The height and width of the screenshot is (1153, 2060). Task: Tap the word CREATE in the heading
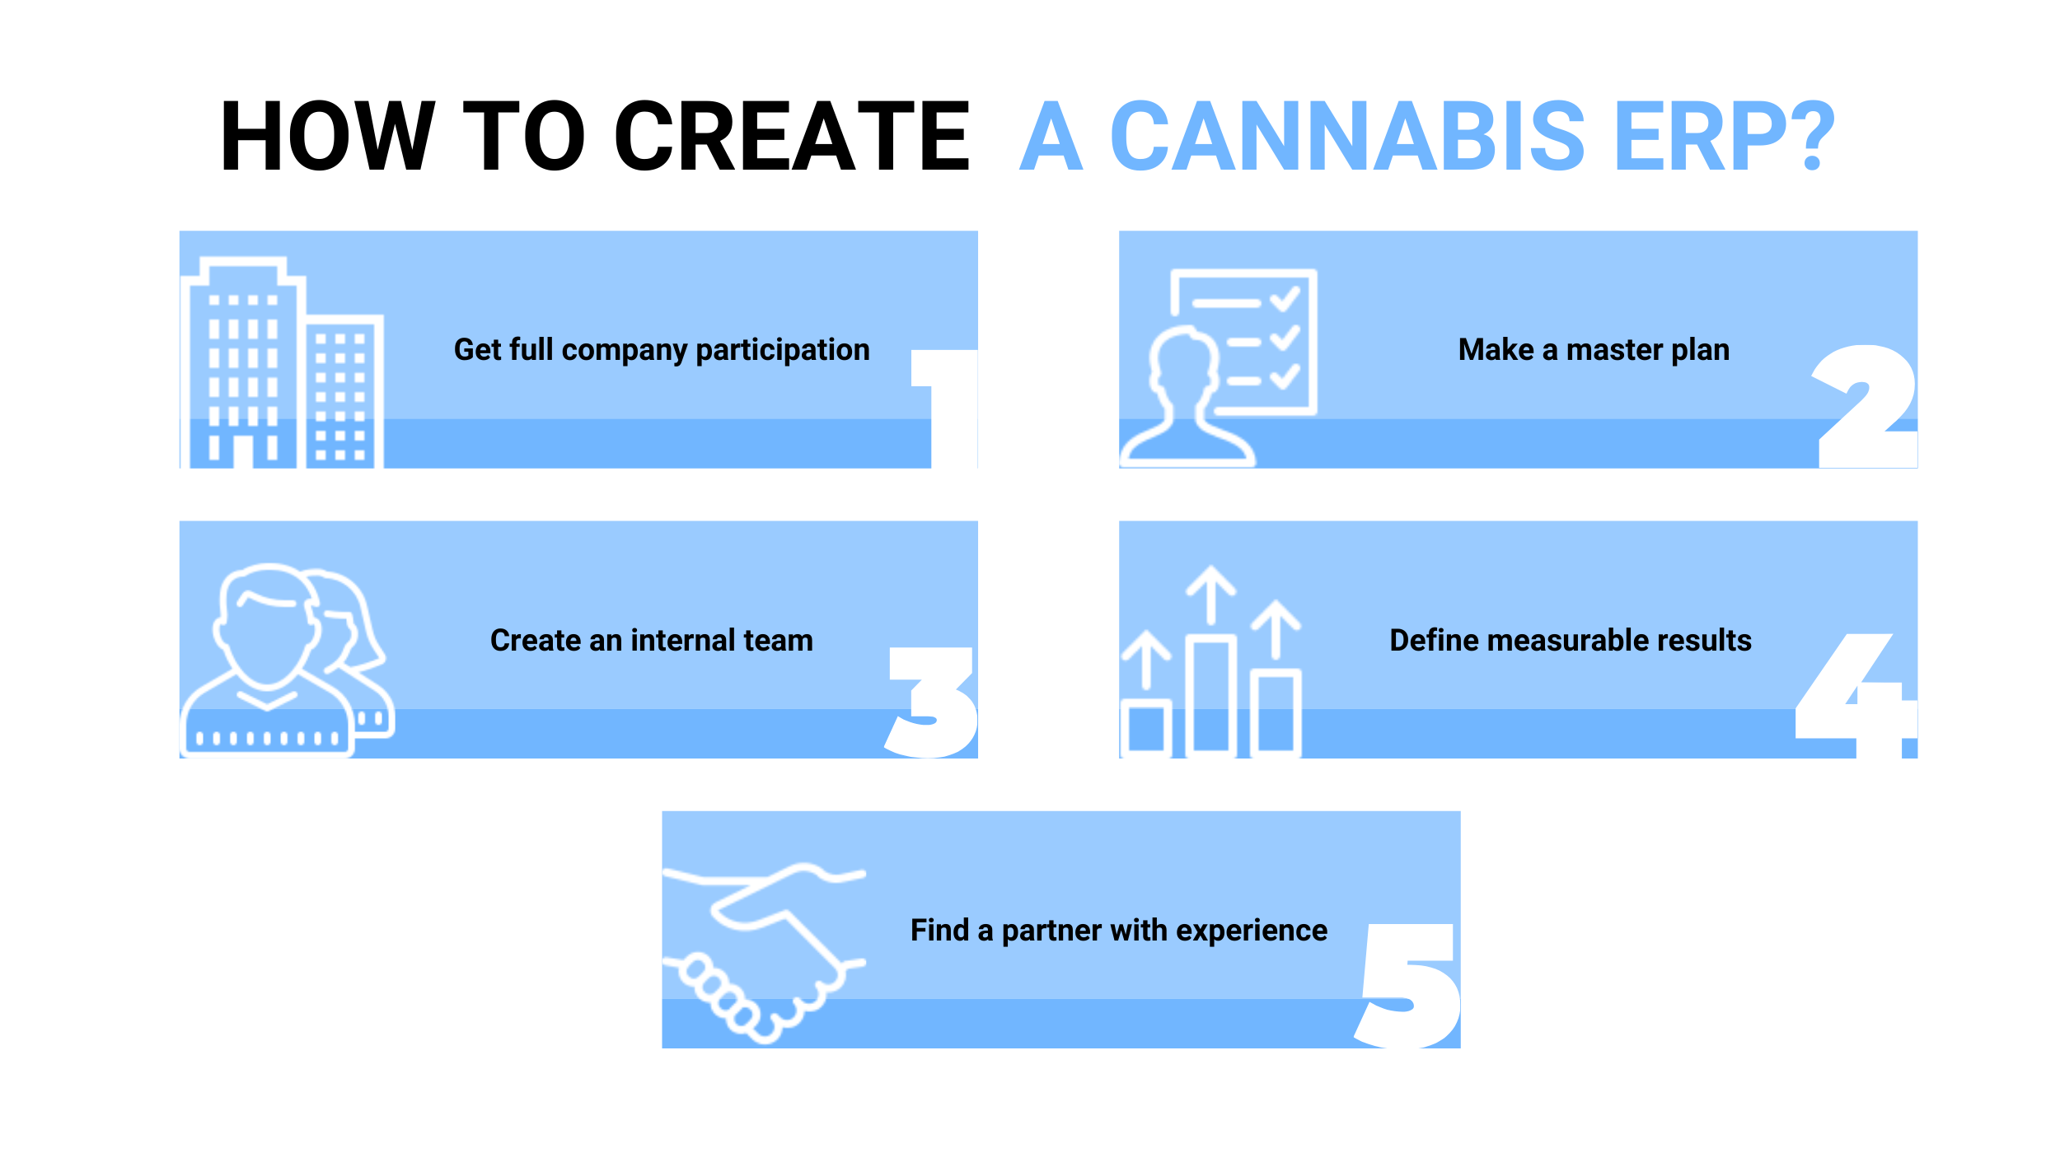coord(792,136)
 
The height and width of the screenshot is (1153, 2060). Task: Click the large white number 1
coord(944,408)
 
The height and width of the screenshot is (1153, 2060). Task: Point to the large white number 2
coord(1864,407)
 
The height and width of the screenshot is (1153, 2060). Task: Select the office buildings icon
coord(282,363)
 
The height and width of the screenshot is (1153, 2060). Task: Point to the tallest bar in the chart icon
coord(1211,696)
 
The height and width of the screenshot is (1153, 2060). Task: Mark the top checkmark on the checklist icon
coord(1285,299)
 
